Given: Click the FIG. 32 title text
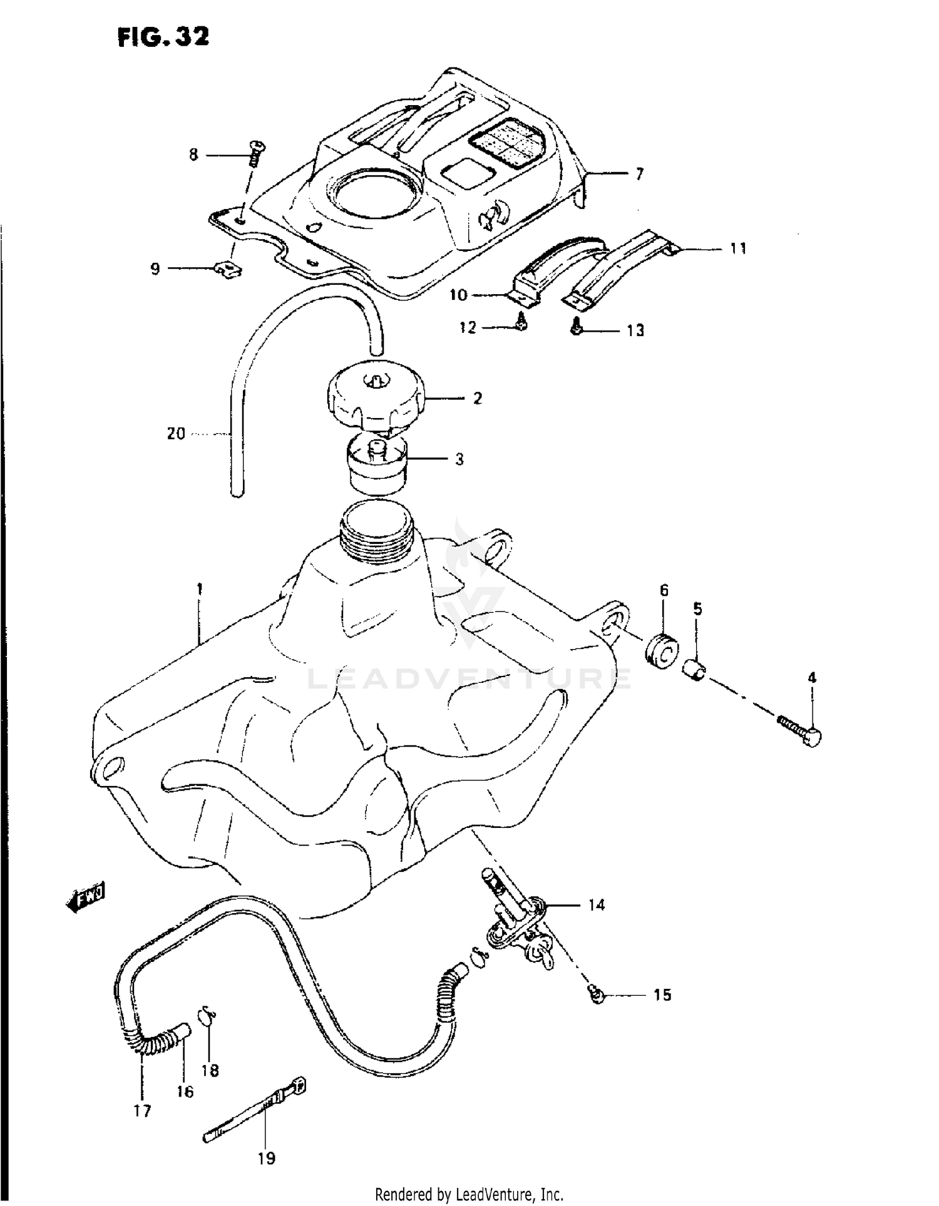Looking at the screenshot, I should [x=163, y=38].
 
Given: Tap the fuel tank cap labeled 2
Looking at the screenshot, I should [x=375, y=398].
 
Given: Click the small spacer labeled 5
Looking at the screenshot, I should [x=695, y=671].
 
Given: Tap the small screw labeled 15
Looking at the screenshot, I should [x=597, y=993].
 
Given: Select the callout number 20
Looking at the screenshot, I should [x=176, y=433].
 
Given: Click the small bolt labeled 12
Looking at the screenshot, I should [x=522, y=322].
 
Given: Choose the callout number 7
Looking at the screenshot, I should [x=639, y=174].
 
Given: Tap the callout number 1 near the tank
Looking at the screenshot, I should [x=199, y=589].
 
